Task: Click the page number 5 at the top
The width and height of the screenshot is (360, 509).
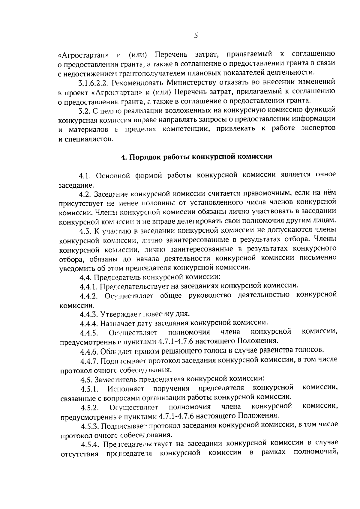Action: [196, 36]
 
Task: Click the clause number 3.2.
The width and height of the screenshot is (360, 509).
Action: [84, 111]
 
